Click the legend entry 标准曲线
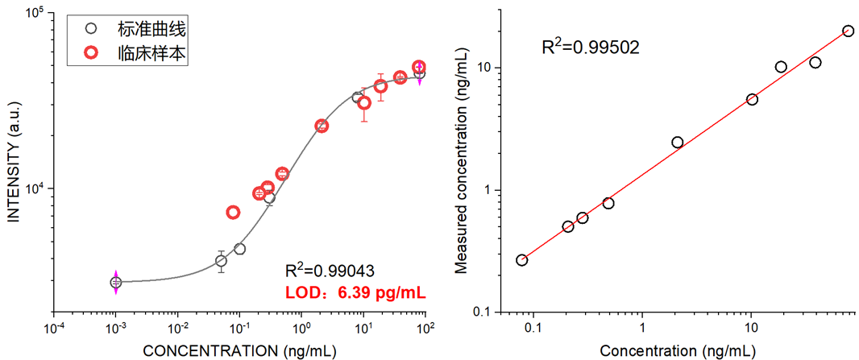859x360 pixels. point(153,29)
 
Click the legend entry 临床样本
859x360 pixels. point(153,53)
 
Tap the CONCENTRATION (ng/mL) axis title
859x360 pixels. point(239,351)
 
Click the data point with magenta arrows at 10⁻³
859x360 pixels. point(115,282)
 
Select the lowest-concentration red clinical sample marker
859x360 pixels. point(233,213)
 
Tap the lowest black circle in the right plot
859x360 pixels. point(522,259)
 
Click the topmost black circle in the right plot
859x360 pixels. point(848,31)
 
